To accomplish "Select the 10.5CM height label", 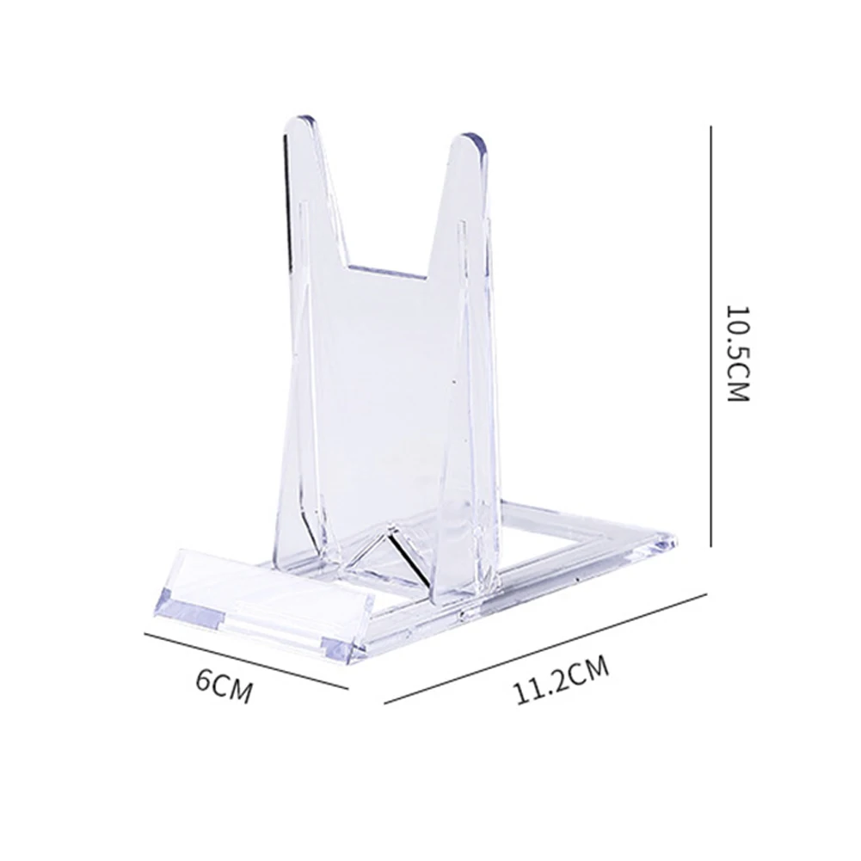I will [738, 354].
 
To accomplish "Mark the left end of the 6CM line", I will [144, 635].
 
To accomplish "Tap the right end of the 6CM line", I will [347, 687].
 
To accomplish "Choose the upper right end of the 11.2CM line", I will [705, 592].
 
